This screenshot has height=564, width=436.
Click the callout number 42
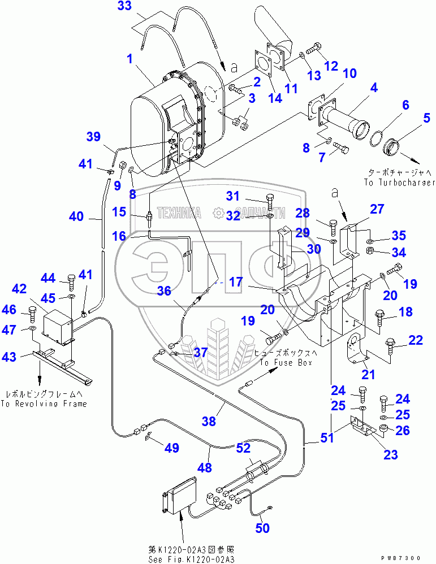click(19, 289)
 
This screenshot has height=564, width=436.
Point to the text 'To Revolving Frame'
click(44, 404)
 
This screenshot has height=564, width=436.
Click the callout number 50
click(262, 528)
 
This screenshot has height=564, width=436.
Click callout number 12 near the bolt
click(331, 66)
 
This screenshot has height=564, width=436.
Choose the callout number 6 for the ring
click(390, 105)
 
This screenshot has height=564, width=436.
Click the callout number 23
click(390, 454)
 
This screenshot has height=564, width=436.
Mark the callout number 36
click(164, 290)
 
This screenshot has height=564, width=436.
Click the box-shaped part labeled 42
click(58, 326)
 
